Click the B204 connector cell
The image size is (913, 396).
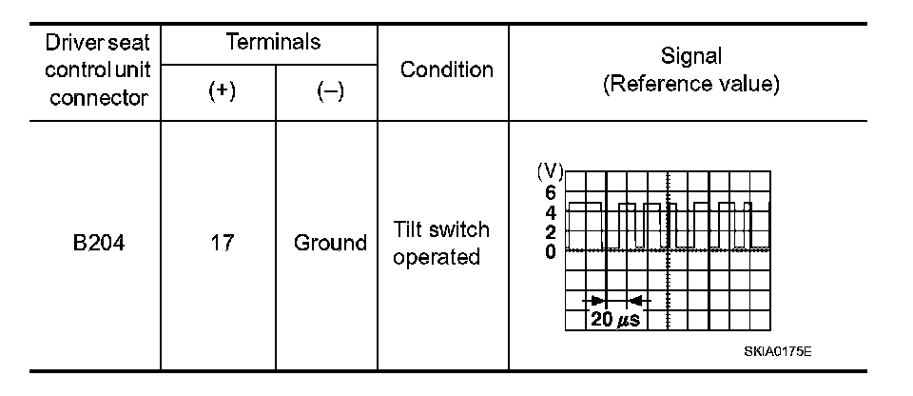point(99,243)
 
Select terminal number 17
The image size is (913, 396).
point(218,243)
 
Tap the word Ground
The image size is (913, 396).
point(330,243)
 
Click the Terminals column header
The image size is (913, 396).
point(273,42)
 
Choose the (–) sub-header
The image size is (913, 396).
point(329,91)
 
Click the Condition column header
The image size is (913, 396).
point(446,69)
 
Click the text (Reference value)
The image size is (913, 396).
point(691,84)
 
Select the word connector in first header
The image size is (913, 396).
point(99,97)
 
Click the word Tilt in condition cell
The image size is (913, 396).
point(410,230)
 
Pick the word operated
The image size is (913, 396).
point(437,257)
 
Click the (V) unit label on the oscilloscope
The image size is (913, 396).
point(550,171)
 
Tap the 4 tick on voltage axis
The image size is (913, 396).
point(551,211)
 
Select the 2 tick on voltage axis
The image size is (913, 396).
point(551,231)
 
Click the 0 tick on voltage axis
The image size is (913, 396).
point(551,250)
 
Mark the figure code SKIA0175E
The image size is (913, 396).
point(777,351)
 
